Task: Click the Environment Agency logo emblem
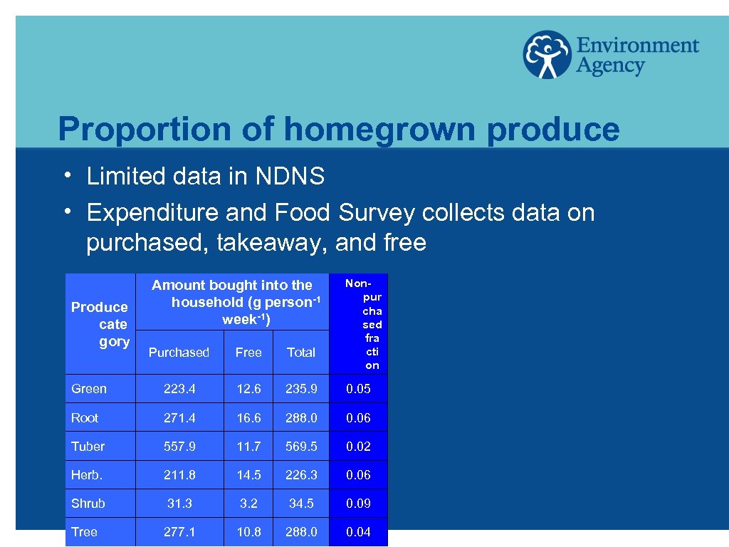[546, 55]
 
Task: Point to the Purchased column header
[179, 353]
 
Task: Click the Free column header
[248, 353]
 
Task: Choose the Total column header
[300, 353]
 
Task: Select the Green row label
[89, 389]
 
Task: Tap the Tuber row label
[88, 447]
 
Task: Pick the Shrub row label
[88, 504]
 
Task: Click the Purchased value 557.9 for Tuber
[179, 447]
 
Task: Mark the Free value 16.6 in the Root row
[248, 418]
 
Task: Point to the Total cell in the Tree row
[301, 532]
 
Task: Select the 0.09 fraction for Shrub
[358, 504]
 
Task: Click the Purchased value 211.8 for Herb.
[179, 475]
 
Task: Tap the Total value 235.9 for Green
[301, 389]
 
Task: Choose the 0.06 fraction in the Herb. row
[358, 475]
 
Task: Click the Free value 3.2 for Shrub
[248, 504]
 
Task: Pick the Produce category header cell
[100, 324]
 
